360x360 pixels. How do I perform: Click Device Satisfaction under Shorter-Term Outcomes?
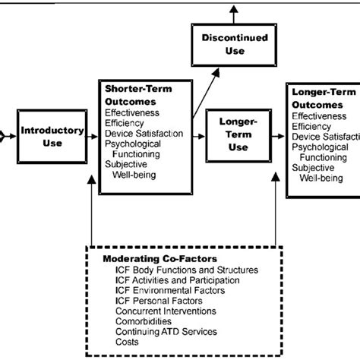pos(144,134)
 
